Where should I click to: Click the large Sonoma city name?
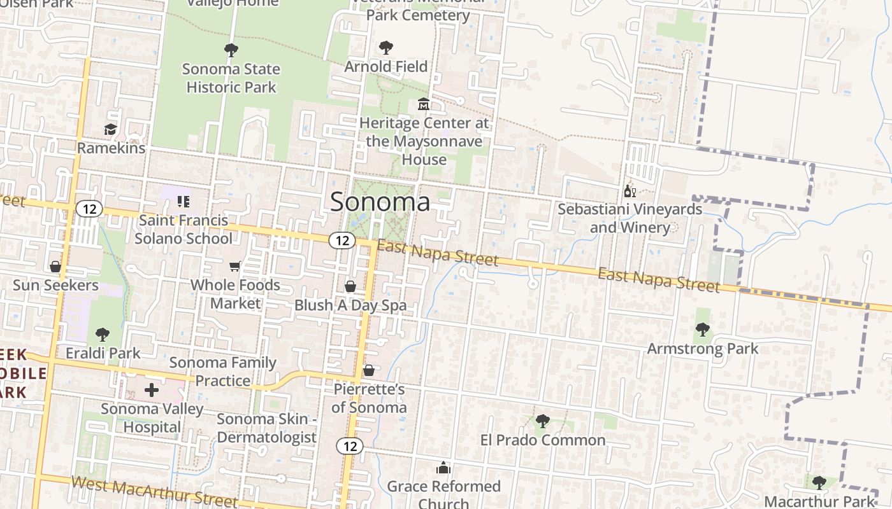380,202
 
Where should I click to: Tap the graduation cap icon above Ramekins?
111,130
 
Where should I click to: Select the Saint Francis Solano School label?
183,230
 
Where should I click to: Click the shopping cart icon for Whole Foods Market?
235,266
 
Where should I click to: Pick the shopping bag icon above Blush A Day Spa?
350,287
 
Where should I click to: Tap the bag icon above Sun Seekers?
55,267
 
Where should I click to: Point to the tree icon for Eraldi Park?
102,334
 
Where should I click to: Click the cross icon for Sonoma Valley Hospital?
152,389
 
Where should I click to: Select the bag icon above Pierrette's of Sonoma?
369,370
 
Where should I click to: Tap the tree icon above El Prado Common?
543,421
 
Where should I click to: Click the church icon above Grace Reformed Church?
443,468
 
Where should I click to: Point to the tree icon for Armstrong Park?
703,330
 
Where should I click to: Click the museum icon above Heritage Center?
424,104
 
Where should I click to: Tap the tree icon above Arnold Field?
385,48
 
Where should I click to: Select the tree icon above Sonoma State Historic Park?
231,50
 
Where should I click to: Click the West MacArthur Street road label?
154,492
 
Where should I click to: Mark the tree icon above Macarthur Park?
819,483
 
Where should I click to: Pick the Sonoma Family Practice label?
223,372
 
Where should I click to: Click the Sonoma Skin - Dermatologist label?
266,428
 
